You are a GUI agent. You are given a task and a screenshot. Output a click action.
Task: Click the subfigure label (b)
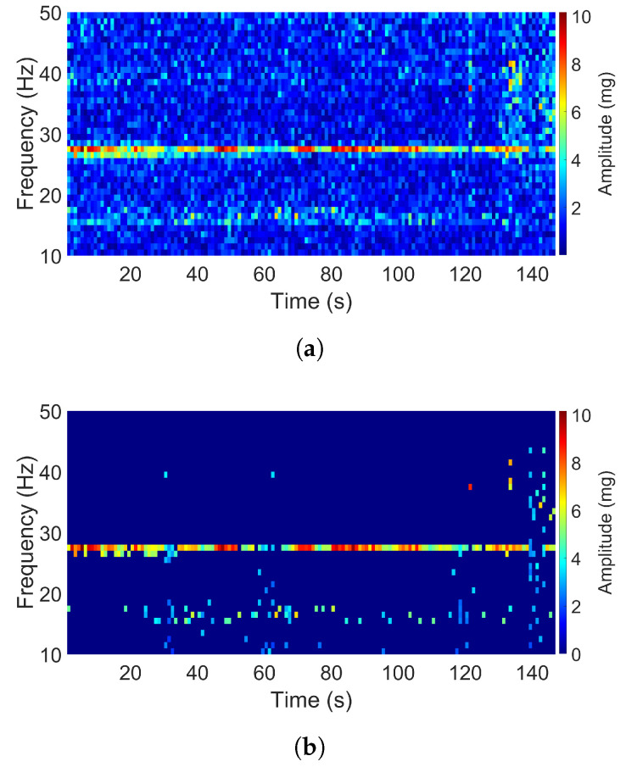pyautogui.click(x=311, y=748)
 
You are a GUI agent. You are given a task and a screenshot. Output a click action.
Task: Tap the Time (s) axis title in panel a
pyautogui.click(x=311, y=301)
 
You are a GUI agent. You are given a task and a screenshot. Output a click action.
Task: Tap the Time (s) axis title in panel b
pyautogui.click(x=311, y=700)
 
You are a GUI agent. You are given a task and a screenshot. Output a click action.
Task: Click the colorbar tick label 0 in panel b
pyautogui.click(x=573, y=653)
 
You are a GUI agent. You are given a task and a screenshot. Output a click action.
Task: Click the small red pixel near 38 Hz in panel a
pyautogui.click(x=469, y=87)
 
